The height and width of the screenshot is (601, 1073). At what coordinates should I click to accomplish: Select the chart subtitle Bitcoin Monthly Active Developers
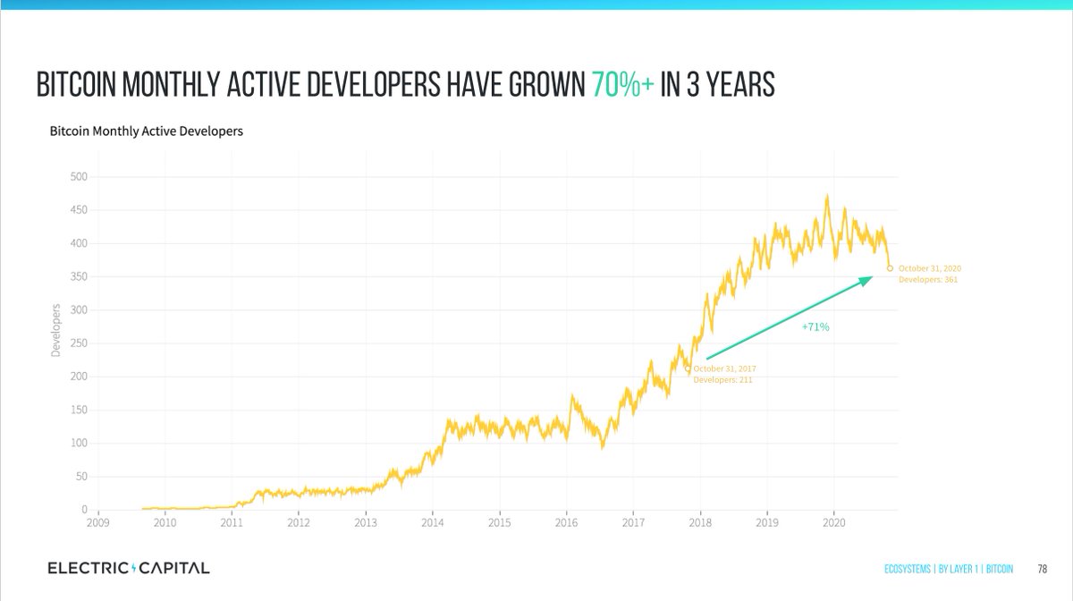[x=146, y=131]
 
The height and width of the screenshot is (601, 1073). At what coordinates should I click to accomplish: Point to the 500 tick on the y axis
[x=79, y=176]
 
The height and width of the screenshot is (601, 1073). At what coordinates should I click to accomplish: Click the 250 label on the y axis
[x=79, y=343]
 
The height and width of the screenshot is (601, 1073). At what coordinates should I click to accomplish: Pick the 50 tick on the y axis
[x=81, y=477]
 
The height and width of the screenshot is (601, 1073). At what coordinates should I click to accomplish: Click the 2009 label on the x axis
[x=97, y=521]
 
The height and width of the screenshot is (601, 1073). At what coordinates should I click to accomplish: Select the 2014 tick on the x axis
[x=432, y=521]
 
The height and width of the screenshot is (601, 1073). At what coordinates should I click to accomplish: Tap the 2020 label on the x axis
[x=833, y=521]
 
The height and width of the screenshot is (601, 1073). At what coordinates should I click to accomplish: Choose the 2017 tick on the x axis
[x=633, y=521]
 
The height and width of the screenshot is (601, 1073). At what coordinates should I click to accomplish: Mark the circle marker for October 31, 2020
[x=890, y=267]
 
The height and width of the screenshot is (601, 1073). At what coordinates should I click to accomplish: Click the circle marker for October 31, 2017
[x=688, y=368]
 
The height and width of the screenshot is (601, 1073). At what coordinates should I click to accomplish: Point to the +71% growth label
[x=815, y=327]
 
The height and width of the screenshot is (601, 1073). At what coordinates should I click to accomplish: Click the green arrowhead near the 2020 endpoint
[x=866, y=281]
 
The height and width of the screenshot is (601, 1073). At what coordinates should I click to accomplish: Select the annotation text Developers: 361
[x=928, y=280]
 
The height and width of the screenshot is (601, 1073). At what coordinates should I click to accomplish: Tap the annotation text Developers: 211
[x=723, y=380]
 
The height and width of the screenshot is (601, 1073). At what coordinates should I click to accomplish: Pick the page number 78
[x=1043, y=569]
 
